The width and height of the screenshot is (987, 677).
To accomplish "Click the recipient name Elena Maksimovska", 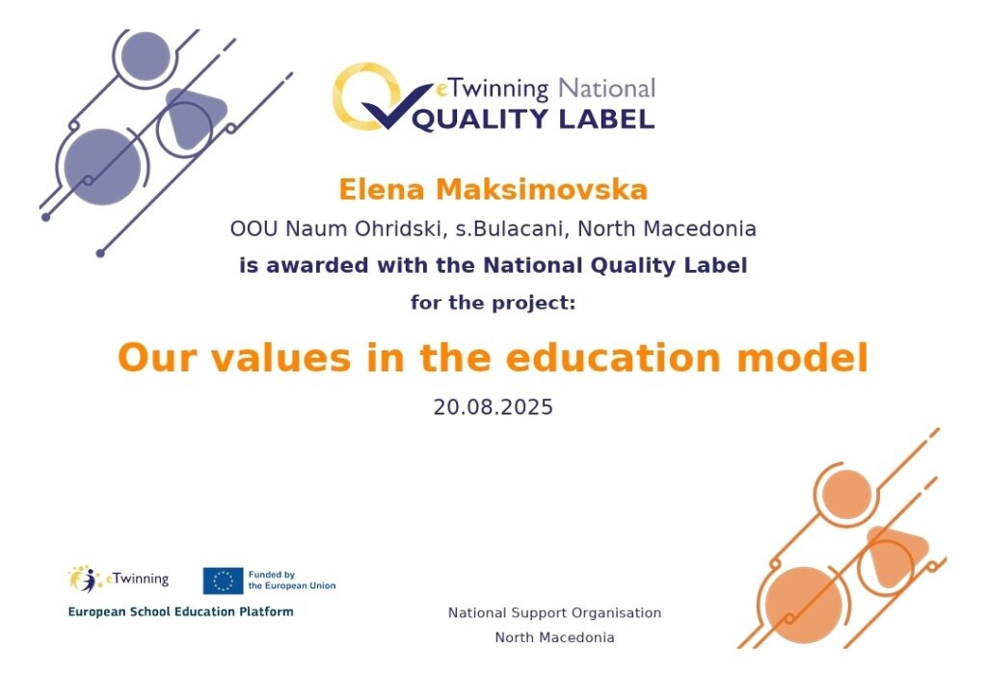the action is coord(493,190).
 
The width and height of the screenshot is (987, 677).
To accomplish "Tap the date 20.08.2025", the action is coord(493,407).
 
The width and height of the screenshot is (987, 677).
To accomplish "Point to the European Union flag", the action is coord(223,581).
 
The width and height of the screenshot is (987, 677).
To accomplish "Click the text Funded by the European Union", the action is coord(292,580).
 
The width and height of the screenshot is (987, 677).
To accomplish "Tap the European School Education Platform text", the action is coord(180,611).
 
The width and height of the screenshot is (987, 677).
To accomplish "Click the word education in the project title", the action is coord(612,358).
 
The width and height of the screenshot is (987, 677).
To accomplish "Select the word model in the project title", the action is coord(803,358).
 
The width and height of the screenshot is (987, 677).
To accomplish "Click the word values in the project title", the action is coord(280,358).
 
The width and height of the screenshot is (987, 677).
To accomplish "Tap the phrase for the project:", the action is coord(493,303).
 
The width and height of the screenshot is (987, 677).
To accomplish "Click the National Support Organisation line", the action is coord(554,612).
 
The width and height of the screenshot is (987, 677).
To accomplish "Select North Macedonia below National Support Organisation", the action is coord(554,637).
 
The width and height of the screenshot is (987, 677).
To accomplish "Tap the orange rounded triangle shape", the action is coord(895,555).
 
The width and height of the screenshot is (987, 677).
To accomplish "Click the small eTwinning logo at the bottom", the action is coord(119,579).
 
